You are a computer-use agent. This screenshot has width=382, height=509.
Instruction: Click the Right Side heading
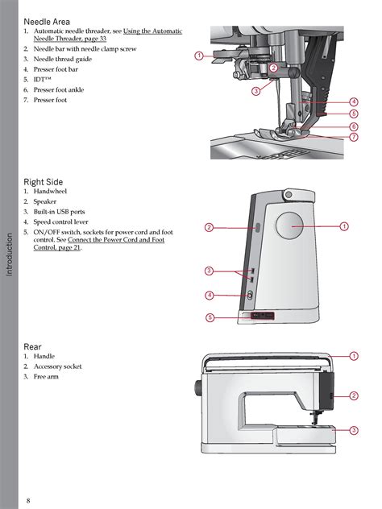point(44,182)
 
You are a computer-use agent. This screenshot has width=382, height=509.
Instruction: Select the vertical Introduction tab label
point(10,254)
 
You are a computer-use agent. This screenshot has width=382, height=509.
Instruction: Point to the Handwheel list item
point(51,192)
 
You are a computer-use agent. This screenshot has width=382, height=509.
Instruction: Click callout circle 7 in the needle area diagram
point(354,137)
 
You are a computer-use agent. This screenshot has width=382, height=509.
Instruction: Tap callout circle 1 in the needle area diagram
point(198,56)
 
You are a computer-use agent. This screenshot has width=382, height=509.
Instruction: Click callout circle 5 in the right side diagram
point(209,318)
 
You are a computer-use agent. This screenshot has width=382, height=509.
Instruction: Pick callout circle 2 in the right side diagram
point(209,228)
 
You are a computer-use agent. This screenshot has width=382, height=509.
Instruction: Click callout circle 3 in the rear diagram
point(354,431)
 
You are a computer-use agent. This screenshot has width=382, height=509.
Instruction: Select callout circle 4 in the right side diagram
point(209,296)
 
